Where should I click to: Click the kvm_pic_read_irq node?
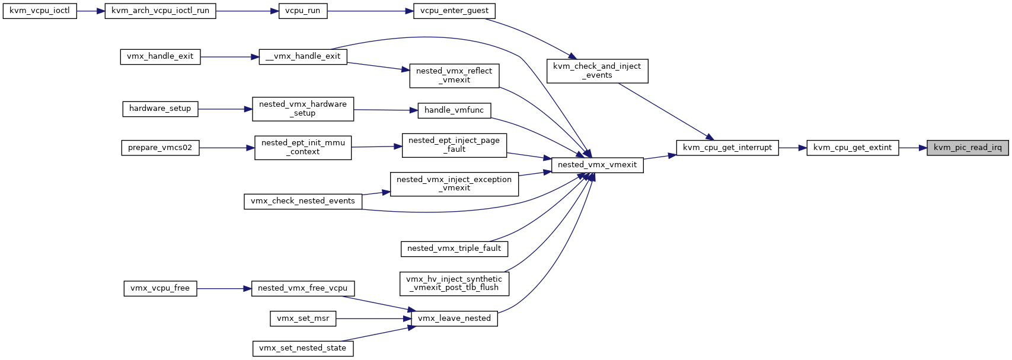[968, 148]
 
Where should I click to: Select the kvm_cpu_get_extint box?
[853, 148]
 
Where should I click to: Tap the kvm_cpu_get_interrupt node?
[727, 148]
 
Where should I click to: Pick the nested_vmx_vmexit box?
[597, 165]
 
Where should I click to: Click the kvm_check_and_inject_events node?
[597, 71]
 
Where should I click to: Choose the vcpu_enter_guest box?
[454, 11]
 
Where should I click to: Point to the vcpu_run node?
[303, 11]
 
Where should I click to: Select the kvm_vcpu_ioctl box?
[40, 11]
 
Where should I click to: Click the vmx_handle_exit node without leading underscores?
[160, 57]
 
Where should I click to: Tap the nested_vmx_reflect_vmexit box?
[454, 75]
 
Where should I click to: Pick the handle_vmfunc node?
[454, 111]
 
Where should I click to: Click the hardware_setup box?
[160, 109]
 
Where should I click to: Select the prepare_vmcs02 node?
[160, 148]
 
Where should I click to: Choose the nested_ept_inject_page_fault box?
[454, 145]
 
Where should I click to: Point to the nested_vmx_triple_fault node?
[454, 249]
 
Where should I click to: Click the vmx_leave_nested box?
[454, 318]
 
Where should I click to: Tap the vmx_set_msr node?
[303, 318]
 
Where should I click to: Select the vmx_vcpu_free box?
[160, 289]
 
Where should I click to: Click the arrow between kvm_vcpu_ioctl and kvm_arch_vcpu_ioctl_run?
[91, 11]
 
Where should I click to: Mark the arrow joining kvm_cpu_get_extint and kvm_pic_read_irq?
[912, 148]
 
